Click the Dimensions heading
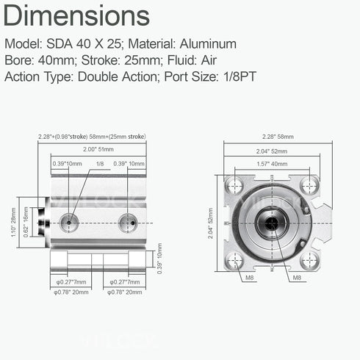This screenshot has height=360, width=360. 71,16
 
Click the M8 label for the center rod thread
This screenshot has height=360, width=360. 297,278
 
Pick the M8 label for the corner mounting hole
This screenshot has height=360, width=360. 251,278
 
